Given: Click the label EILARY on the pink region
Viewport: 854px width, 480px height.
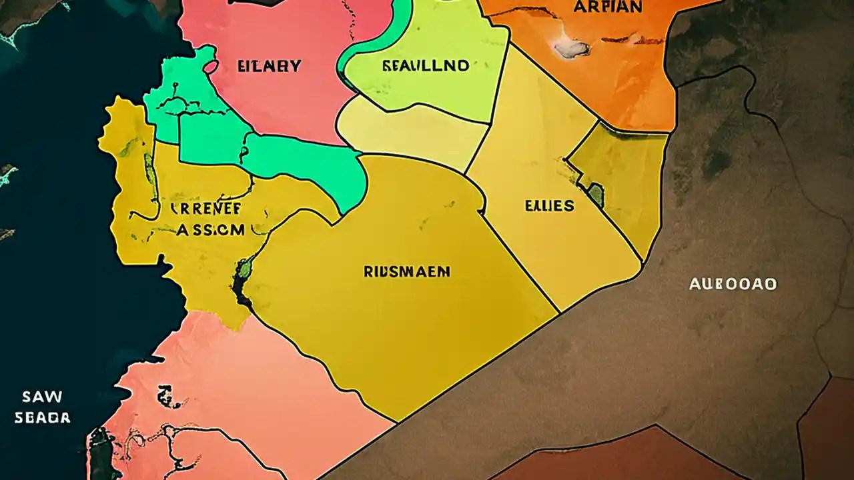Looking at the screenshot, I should tap(270, 66).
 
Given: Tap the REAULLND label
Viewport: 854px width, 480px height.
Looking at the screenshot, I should tap(426, 65).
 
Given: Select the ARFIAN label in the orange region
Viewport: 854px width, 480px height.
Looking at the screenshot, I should tap(608, 7).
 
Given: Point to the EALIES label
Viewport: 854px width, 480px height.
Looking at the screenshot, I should tap(549, 205).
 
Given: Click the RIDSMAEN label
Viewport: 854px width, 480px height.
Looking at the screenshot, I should tap(407, 271).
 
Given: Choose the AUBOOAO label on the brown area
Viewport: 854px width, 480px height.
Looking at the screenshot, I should tap(733, 284).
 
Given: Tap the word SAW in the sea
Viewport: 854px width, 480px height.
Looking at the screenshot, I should tap(42, 397).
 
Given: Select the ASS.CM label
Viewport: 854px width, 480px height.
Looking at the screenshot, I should tap(210, 230).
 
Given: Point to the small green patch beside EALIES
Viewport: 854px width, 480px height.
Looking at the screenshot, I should tap(596, 195).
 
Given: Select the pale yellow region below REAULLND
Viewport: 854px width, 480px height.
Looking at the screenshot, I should tap(414, 137).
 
